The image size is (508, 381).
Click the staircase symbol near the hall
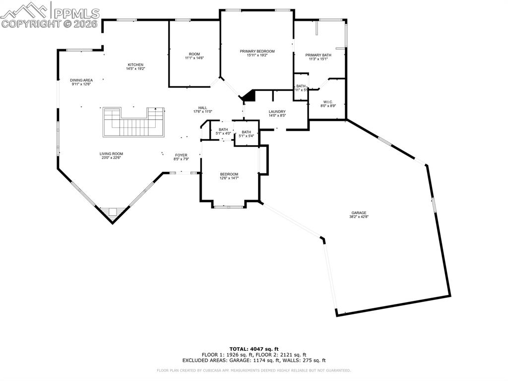tap(133, 122)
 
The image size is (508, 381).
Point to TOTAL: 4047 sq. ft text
tap(254, 349)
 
